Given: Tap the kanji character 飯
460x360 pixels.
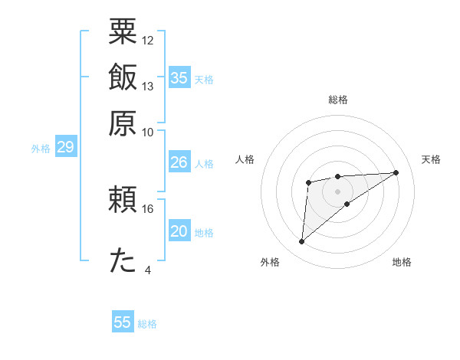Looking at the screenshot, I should coord(123,78).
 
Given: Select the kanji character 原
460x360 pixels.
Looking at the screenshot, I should coord(123,123).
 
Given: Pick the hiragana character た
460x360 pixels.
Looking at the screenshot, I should coord(123,261).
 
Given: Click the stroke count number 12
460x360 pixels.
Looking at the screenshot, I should coord(148,40).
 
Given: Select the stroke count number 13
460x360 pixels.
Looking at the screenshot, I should coord(148,86).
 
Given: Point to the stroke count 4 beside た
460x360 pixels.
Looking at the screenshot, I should coord(148,270).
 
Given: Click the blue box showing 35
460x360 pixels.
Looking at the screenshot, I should coord(179,77).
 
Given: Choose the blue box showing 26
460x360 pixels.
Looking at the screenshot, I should coord(179,162).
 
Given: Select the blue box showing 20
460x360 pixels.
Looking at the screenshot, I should coord(179,232).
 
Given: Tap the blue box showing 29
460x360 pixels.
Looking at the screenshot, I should coord(65,147).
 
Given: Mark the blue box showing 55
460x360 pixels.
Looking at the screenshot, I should coord(123,322).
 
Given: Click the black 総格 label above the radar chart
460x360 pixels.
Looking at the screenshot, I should coord(338,100).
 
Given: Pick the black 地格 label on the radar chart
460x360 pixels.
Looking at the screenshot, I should coord(402,262).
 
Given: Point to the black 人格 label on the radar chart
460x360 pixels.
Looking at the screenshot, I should coord(245,159).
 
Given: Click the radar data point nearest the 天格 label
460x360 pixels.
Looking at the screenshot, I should coord(396,172).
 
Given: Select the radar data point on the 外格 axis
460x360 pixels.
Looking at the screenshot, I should coord(302,242).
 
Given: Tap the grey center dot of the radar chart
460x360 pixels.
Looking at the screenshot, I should coord(337,191).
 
